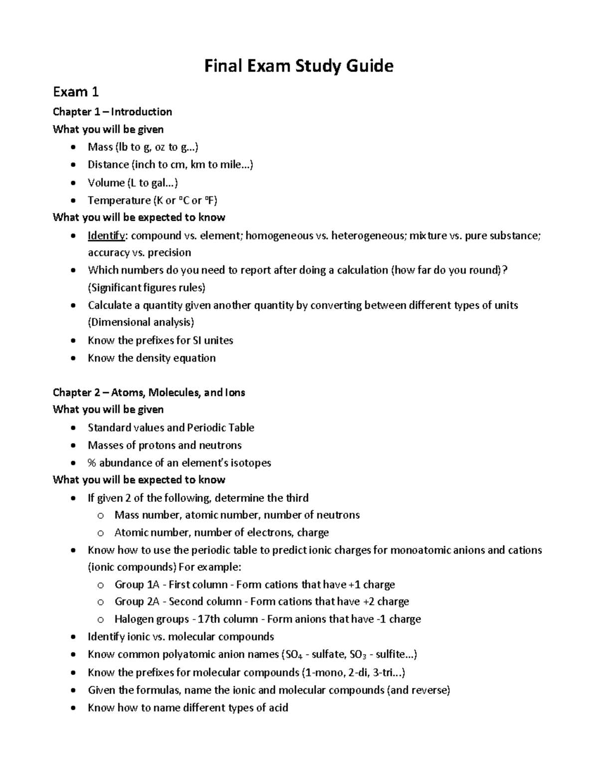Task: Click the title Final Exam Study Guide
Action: point(299,66)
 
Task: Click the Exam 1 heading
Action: point(76,92)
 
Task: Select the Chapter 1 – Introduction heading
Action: point(112,112)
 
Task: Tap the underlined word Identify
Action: point(107,235)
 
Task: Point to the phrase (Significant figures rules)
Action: point(147,288)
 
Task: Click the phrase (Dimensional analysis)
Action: point(141,322)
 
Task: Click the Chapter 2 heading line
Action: point(149,393)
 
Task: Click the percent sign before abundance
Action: point(92,463)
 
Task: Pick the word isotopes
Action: point(251,463)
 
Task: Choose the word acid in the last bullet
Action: point(279,708)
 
